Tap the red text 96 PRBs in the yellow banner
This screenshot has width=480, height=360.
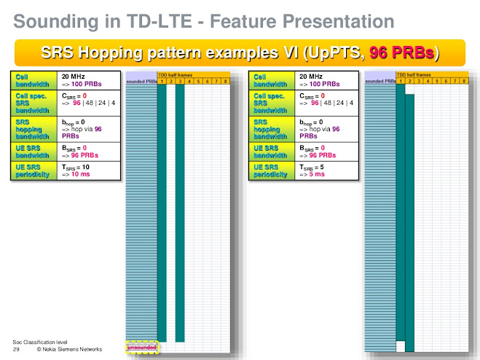click(x=401, y=52)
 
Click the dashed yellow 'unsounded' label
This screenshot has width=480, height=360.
click(x=141, y=348)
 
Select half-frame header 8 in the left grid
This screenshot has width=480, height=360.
click(x=227, y=80)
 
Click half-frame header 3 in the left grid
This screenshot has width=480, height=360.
click(x=179, y=80)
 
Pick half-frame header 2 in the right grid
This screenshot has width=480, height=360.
click(x=409, y=80)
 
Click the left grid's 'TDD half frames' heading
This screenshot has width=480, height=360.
click(x=174, y=74)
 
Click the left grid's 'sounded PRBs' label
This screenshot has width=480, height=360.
click(x=141, y=81)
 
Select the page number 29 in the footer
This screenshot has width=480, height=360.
click(x=16, y=350)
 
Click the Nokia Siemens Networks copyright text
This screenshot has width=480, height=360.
click(x=70, y=350)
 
